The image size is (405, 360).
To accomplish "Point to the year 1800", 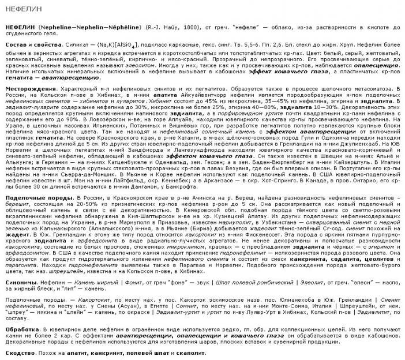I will click(x=158, y=28).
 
